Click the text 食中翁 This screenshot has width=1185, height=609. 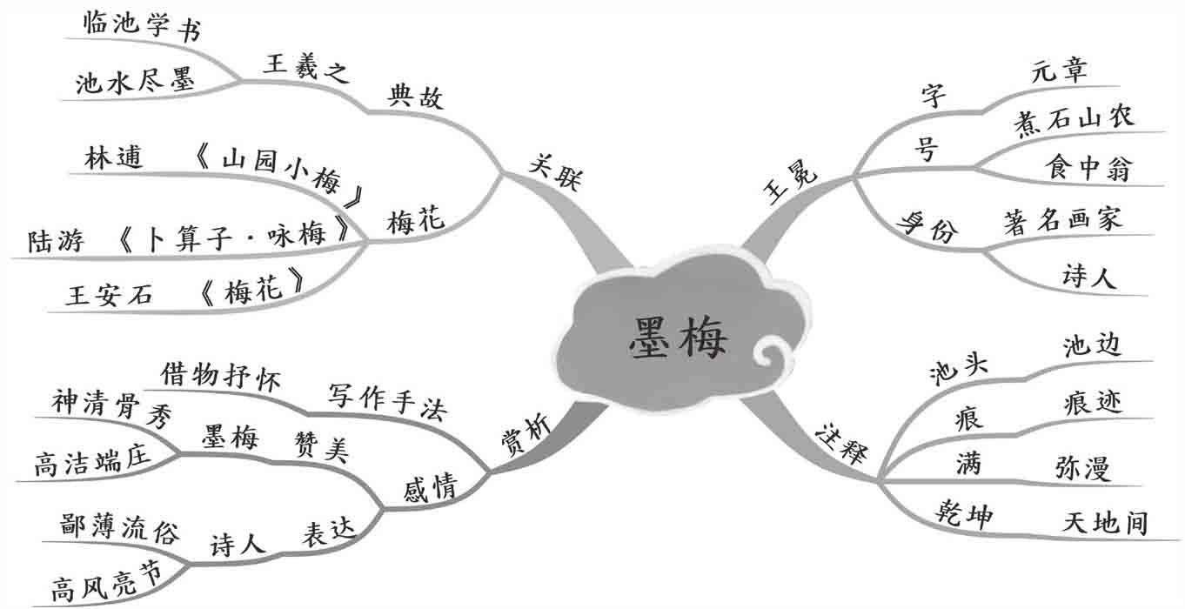(x=1088, y=168)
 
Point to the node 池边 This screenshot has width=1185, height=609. (x=1091, y=346)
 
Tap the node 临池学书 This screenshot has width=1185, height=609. (x=143, y=28)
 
